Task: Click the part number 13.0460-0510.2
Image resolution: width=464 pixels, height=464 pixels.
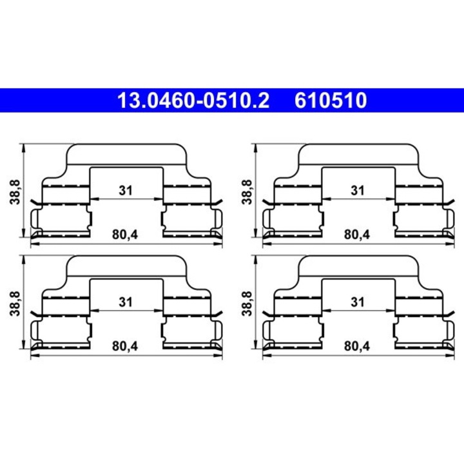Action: (x=192, y=101)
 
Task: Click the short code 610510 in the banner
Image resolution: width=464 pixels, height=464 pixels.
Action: (x=331, y=101)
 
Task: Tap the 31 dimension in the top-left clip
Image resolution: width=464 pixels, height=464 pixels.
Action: (x=126, y=191)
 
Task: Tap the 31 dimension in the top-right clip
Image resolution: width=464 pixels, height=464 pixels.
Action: (x=358, y=191)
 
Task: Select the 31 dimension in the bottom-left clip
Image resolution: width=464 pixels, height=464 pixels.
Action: (x=126, y=302)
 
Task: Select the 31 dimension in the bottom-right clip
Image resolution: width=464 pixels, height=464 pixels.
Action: (x=358, y=302)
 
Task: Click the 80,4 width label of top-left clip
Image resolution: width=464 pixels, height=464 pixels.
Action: (x=126, y=235)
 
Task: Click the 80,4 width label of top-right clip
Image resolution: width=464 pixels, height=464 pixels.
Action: (x=357, y=235)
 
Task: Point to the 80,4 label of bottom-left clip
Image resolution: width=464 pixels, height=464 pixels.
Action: (x=126, y=346)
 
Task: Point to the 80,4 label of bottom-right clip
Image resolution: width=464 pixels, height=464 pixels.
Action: (x=357, y=346)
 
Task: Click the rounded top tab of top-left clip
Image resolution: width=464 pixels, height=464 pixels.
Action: (x=126, y=154)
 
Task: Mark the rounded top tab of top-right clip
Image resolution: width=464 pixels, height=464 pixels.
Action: (x=358, y=154)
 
